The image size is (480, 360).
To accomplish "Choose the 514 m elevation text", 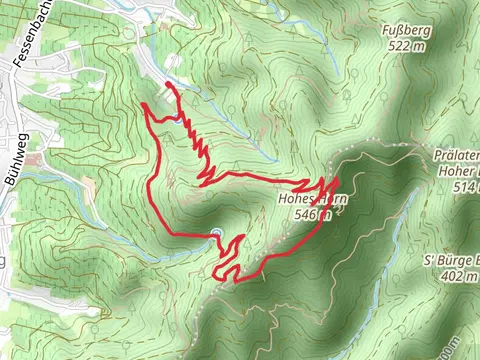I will (466, 187).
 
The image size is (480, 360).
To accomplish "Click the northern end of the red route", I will (165, 85).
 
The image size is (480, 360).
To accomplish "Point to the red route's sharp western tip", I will (145, 104).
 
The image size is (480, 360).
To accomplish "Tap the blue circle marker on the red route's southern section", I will (215, 234).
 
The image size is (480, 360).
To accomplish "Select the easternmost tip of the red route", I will (339, 180).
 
